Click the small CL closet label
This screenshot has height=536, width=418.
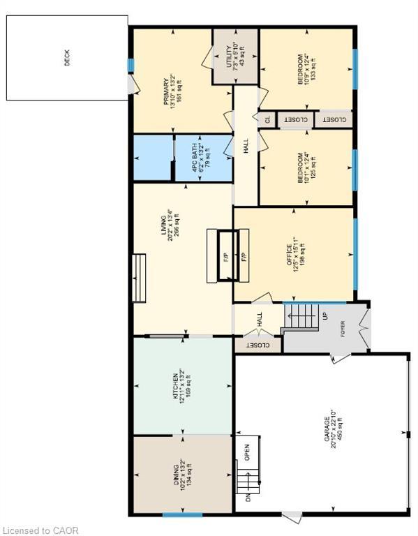(267, 119)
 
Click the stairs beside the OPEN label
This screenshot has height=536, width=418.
(244, 481)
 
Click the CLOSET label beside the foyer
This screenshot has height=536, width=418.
(257, 345)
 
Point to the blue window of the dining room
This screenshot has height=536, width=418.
(182, 515)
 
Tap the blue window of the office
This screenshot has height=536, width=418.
(355, 254)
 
